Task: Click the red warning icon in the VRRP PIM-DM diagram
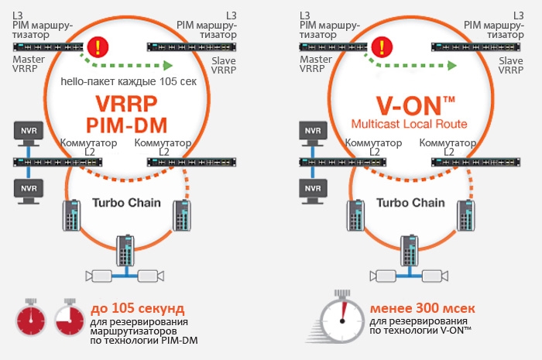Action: point(98,46)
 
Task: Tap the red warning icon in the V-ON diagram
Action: point(382,46)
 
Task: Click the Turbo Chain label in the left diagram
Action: point(128,202)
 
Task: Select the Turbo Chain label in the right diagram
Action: point(410,202)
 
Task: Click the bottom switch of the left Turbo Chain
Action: point(126,250)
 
